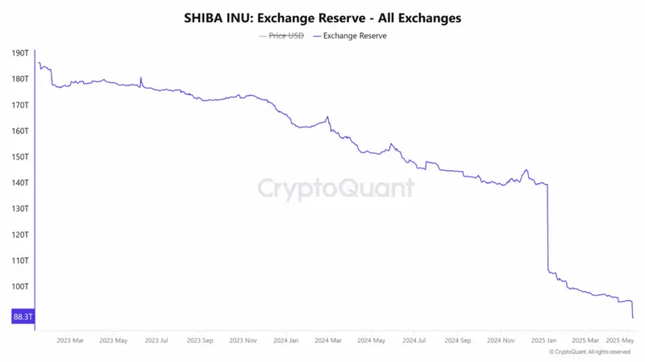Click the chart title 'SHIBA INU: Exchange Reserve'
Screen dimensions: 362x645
tap(322, 17)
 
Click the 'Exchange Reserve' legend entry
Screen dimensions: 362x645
tap(354, 35)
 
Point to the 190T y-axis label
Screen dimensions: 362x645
tap(21, 53)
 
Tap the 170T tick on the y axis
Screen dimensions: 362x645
tap(21, 105)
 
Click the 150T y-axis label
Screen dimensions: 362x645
tap(21, 156)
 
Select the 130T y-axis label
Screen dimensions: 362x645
tap(21, 208)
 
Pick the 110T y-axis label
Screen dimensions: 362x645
tap(21, 260)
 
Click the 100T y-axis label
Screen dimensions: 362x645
tap(21, 286)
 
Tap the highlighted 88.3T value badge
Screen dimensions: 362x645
tap(23, 317)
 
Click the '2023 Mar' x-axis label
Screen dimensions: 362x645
tap(70, 340)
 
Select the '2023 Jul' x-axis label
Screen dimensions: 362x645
tap(156, 340)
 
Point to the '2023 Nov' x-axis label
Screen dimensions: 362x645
tap(243, 340)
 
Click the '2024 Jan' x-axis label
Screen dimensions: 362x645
tap(286, 340)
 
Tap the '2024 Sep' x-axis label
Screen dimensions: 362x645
tap(458, 340)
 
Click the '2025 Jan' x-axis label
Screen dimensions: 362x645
tap(545, 340)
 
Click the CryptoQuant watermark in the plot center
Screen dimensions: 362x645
tap(335, 189)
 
